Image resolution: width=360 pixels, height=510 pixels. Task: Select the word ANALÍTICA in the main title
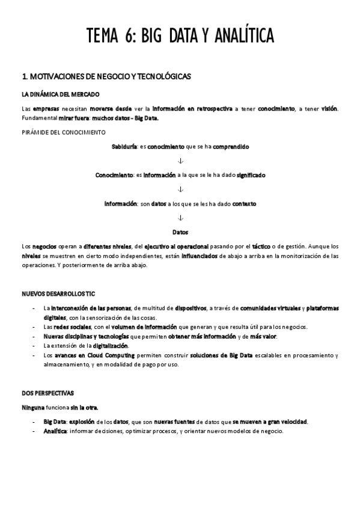[242, 36]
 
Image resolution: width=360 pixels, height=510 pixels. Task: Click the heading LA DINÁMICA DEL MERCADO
[60, 94]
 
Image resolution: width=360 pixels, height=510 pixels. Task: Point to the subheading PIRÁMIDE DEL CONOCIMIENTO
[63, 132]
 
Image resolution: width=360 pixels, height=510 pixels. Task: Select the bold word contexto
[244, 204]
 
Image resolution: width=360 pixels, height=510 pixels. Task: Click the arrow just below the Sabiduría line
[180, 161]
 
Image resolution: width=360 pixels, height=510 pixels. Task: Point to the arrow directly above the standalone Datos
[180, 218]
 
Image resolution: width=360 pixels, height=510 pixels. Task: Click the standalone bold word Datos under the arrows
[180, 232]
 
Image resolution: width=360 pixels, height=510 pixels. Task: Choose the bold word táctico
[260, 247]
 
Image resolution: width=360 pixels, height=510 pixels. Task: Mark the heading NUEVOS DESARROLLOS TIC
[58, 294]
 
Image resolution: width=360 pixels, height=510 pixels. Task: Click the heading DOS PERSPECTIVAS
[47, 393]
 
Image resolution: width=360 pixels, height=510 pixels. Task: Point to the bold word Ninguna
[32, 407]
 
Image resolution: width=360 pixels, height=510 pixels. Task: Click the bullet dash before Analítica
[34, 431]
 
